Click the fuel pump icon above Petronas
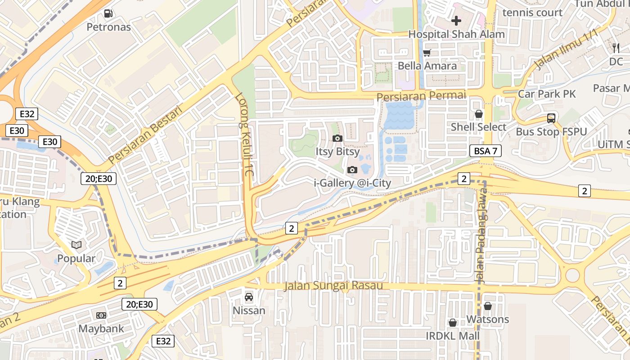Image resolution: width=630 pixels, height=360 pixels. click(108, 13)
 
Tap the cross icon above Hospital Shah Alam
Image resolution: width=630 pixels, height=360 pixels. click(456, 21)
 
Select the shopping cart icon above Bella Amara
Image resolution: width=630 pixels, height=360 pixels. click(427, 53)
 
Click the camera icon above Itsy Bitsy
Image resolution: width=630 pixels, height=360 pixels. click(337, 138)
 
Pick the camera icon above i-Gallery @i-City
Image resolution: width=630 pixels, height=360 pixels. click(352, 170)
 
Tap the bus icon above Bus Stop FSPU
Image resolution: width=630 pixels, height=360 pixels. click(551, 118)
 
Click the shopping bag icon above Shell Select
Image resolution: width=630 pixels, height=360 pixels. click(479, 114)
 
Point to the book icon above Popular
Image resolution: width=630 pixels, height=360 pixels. click(76, 245)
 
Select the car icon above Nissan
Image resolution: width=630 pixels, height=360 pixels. click(248, 297)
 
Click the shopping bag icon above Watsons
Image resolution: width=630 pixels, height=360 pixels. click(487, 306)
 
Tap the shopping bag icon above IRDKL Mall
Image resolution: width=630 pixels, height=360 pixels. click(453, 323)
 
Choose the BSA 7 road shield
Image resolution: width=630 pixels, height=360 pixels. click(486, 151)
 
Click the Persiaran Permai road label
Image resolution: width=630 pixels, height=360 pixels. click(421, 96)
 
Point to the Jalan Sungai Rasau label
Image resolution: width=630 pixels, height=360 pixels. click(333, 286)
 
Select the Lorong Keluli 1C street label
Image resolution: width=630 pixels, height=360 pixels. click(245, 135)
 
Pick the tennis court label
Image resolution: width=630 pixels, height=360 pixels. click(532, 13)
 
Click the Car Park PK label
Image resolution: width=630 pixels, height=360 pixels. click(547, 94)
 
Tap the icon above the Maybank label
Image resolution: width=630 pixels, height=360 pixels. click(101, 315)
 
